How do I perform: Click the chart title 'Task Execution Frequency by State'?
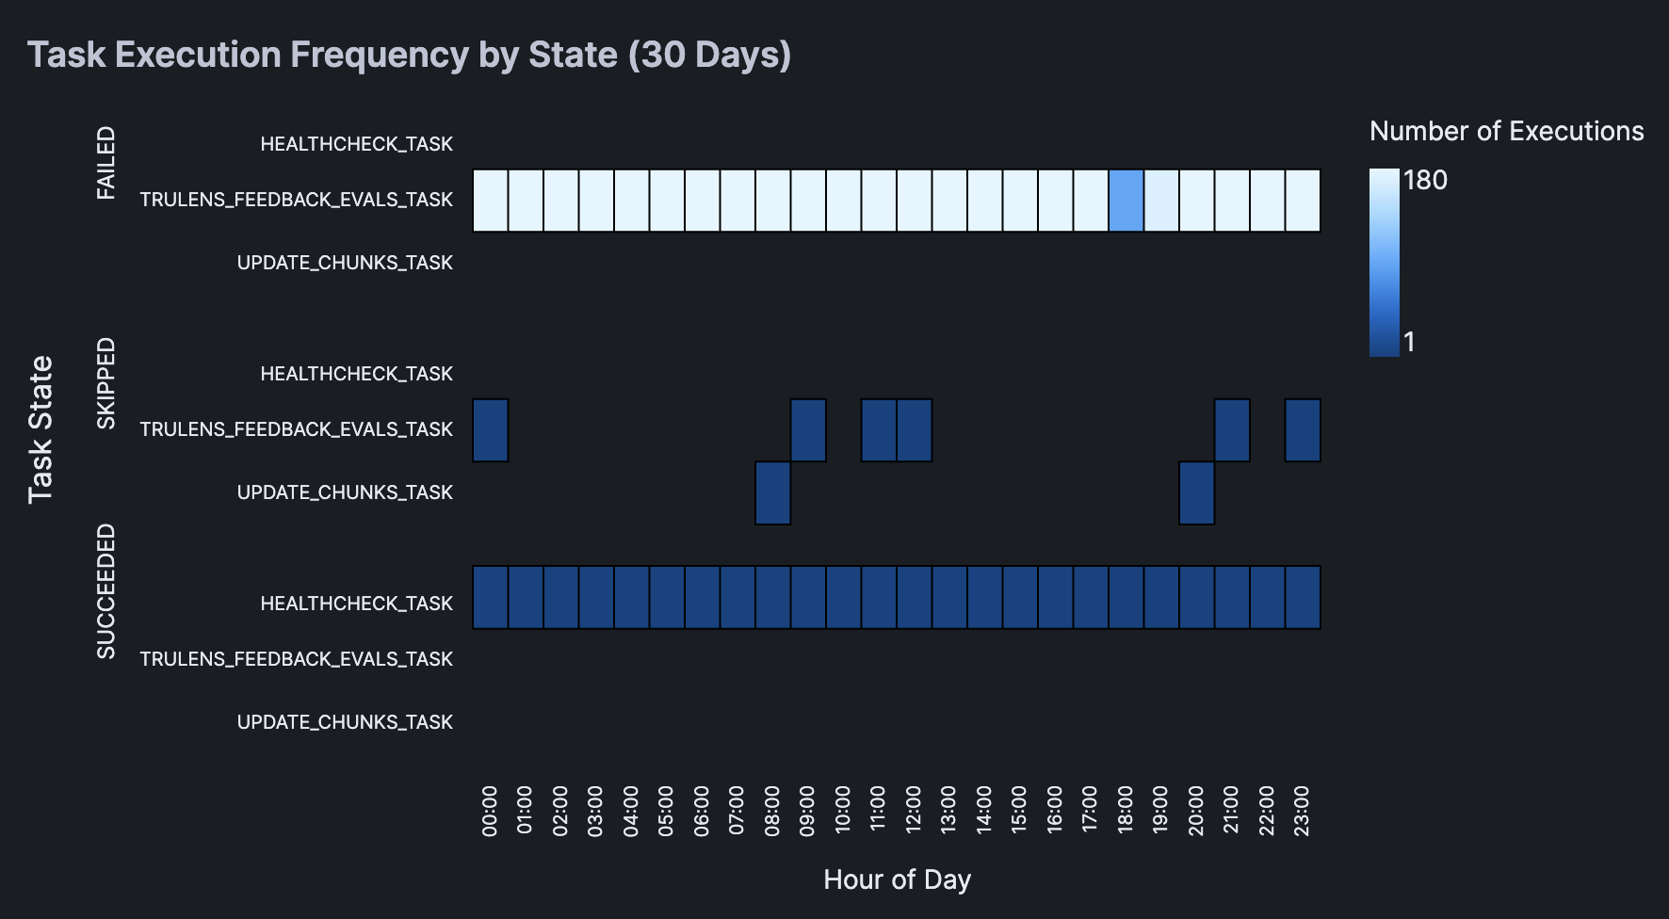(409, 55)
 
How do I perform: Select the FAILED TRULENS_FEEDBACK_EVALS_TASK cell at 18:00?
(1126, 201)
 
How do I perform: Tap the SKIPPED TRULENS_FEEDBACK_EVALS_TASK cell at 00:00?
(490, 430)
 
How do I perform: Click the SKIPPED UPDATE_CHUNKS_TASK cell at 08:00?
(772, 492)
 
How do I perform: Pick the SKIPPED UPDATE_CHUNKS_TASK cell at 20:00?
(1196, 492)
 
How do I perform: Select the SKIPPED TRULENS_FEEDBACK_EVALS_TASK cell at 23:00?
(1303, 430)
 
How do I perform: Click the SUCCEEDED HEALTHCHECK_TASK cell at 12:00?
(914, 597)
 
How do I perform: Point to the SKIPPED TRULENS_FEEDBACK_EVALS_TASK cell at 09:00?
(808, 430)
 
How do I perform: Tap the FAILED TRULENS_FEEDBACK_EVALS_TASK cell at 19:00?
(1161, 201)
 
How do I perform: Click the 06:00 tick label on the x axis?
(702, 811)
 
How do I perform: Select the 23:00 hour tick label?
(1303, 811)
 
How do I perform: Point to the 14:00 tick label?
(984, 811)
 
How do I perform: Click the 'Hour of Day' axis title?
(897, 879)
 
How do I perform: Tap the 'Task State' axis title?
(41, 429)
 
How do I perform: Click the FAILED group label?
(106, 163)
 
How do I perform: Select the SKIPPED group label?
(106, 383)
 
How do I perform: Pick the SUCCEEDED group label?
(106, 591)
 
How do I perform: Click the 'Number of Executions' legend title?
(1506, 131)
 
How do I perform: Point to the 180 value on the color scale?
(1425, 180)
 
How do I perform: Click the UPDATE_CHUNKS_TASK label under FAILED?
(345, 263)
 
